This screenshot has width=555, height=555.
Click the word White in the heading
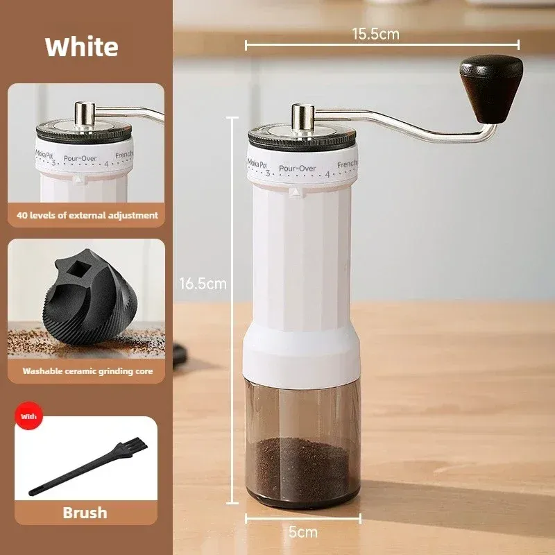pos(81,46)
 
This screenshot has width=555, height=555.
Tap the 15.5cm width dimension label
pos(375,34)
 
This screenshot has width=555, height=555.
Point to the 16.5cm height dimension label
pos(203,284)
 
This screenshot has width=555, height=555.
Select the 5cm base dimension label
pos(303,532)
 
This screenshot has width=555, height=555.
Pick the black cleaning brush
pos(88,466)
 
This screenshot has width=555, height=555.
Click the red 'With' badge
pos(28,416)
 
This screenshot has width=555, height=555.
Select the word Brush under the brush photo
pos(85,513)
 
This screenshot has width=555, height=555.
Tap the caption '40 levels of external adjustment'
pos(87,215)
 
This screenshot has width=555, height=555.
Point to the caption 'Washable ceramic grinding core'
pos(87,371)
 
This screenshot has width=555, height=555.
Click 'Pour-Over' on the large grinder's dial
pos(298,168)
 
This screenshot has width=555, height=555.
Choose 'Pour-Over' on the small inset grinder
pos(80,158)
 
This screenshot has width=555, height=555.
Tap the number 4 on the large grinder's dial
pos(327,175)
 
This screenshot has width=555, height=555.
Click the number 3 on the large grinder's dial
pos(268,173)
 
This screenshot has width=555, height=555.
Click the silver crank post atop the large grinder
pos(303,119)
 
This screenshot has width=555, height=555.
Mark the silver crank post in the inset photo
pos(85,114)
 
